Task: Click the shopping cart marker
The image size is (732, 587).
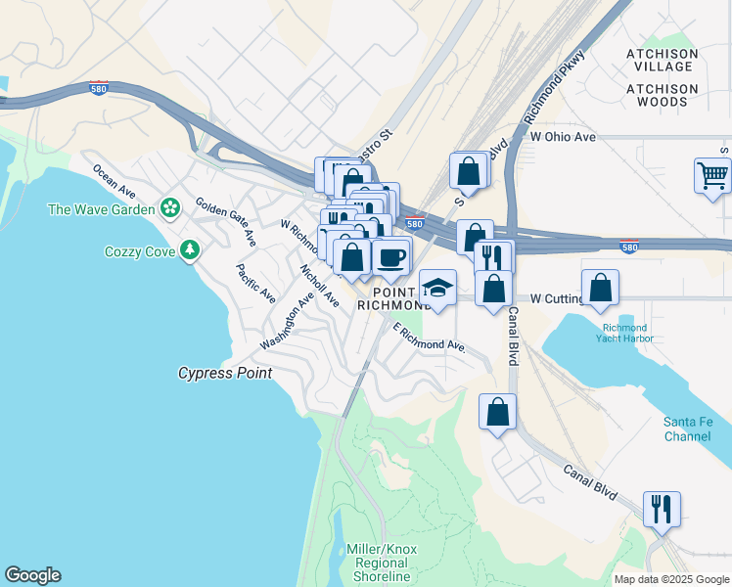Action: (x=712, y=177)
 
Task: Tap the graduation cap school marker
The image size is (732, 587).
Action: (x=437, y=289)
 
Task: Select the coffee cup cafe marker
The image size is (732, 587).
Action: (x=391, y=258)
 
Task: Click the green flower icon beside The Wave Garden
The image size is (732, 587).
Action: (x=171, y=207)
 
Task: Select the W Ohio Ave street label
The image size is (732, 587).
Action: (x=563, y=137)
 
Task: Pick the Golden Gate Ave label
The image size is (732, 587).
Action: (x=226, y=222)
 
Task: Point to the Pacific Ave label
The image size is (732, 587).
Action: (x=256, y=283)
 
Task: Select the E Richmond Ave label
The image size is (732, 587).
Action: (x=429, y=338)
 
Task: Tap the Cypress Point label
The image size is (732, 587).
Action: (x=224, y=373)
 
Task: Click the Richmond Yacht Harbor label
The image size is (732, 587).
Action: (x=625, y=333)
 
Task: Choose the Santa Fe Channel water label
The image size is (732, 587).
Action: (x=688, y=429)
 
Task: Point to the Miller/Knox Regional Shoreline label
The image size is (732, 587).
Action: (x=382, y=564)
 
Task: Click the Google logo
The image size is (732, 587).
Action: (x=32, y=575)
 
